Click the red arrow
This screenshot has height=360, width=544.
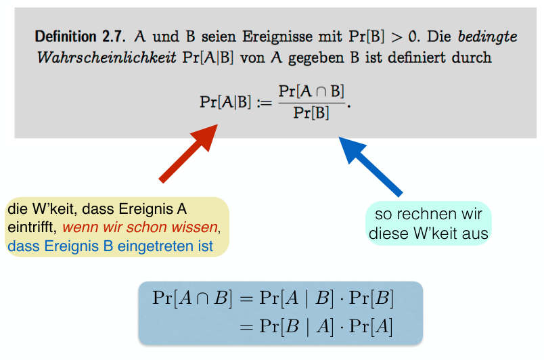189,154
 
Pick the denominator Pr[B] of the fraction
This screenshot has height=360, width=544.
311,113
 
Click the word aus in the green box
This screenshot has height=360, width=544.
478,234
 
